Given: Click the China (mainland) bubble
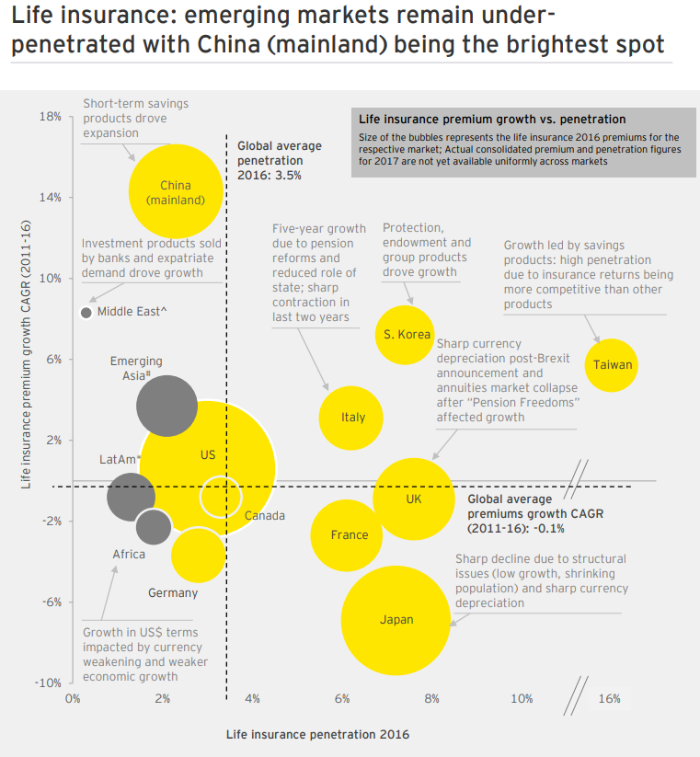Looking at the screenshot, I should coord(176,191).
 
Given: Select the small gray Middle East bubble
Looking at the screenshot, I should coord(86,313).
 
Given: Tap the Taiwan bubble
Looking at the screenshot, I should coord(612,365).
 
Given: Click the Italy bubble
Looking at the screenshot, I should coord(351,418).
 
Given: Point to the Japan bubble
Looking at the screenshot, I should coord(396,620).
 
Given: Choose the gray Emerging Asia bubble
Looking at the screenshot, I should coord(166,406).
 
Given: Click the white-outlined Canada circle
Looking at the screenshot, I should coord(220,497).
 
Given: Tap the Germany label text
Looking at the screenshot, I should coord(173,593).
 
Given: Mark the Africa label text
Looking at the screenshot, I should coord(129,555).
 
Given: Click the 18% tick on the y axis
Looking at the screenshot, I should coord(50,117).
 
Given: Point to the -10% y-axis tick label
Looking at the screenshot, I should coord(47,682).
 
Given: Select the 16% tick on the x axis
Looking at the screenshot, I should coord(609,699).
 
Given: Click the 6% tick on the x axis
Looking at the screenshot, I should coord(342,699).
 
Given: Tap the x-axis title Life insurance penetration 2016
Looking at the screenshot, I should coord(317,735).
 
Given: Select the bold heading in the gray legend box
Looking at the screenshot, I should coord(492,120).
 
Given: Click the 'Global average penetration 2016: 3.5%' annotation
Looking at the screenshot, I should coord(280,160).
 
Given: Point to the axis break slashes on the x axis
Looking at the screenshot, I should coord(576,694).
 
